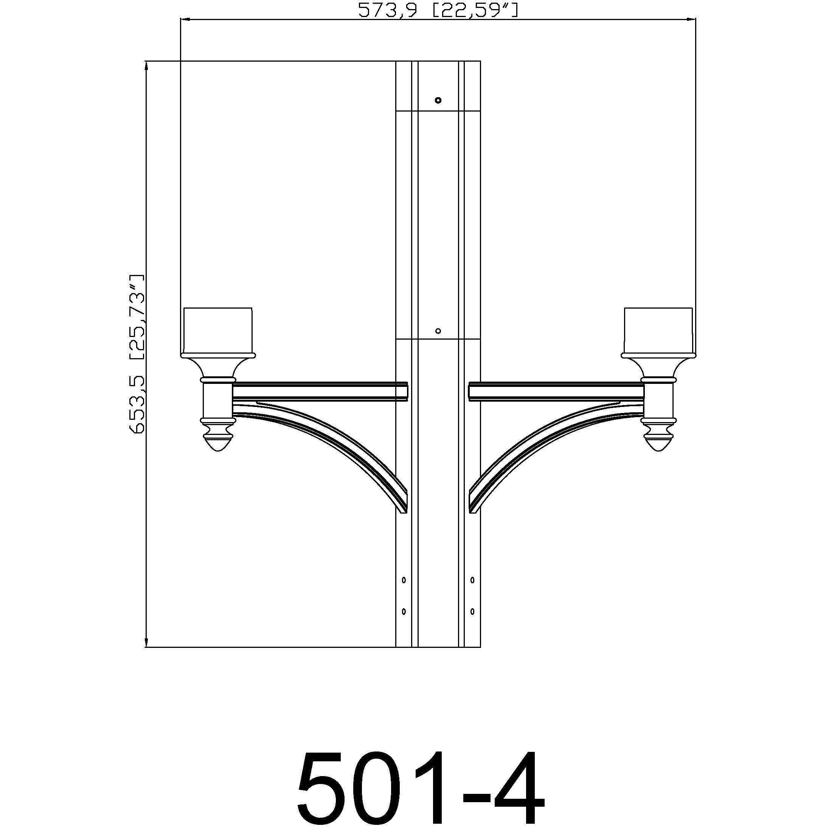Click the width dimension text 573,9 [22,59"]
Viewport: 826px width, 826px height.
click(438, 10)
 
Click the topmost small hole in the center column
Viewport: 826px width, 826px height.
click(438, 101)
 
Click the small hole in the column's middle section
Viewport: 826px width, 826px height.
click(438, 331)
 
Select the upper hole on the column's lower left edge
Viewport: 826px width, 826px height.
click(404, 580)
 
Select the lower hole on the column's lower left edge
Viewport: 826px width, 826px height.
click(404, 612)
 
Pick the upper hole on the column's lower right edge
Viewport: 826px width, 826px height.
click(472, 580)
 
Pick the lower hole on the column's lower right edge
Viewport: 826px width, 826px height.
click(472, 612)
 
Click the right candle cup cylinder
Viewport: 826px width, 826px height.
click(658, 330)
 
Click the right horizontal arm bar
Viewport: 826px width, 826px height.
click(556, 391)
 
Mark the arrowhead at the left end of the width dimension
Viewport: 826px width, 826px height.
click(185, 19)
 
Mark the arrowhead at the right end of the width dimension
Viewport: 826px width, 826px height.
click(691, 19)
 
